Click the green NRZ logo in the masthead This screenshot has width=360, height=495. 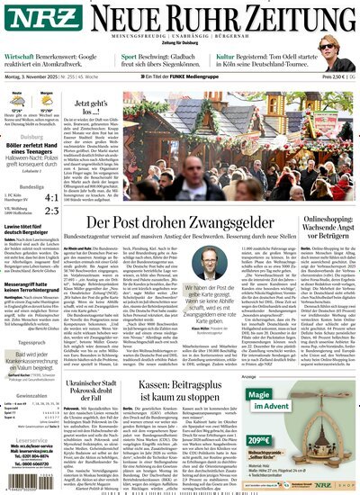pos(33,19)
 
